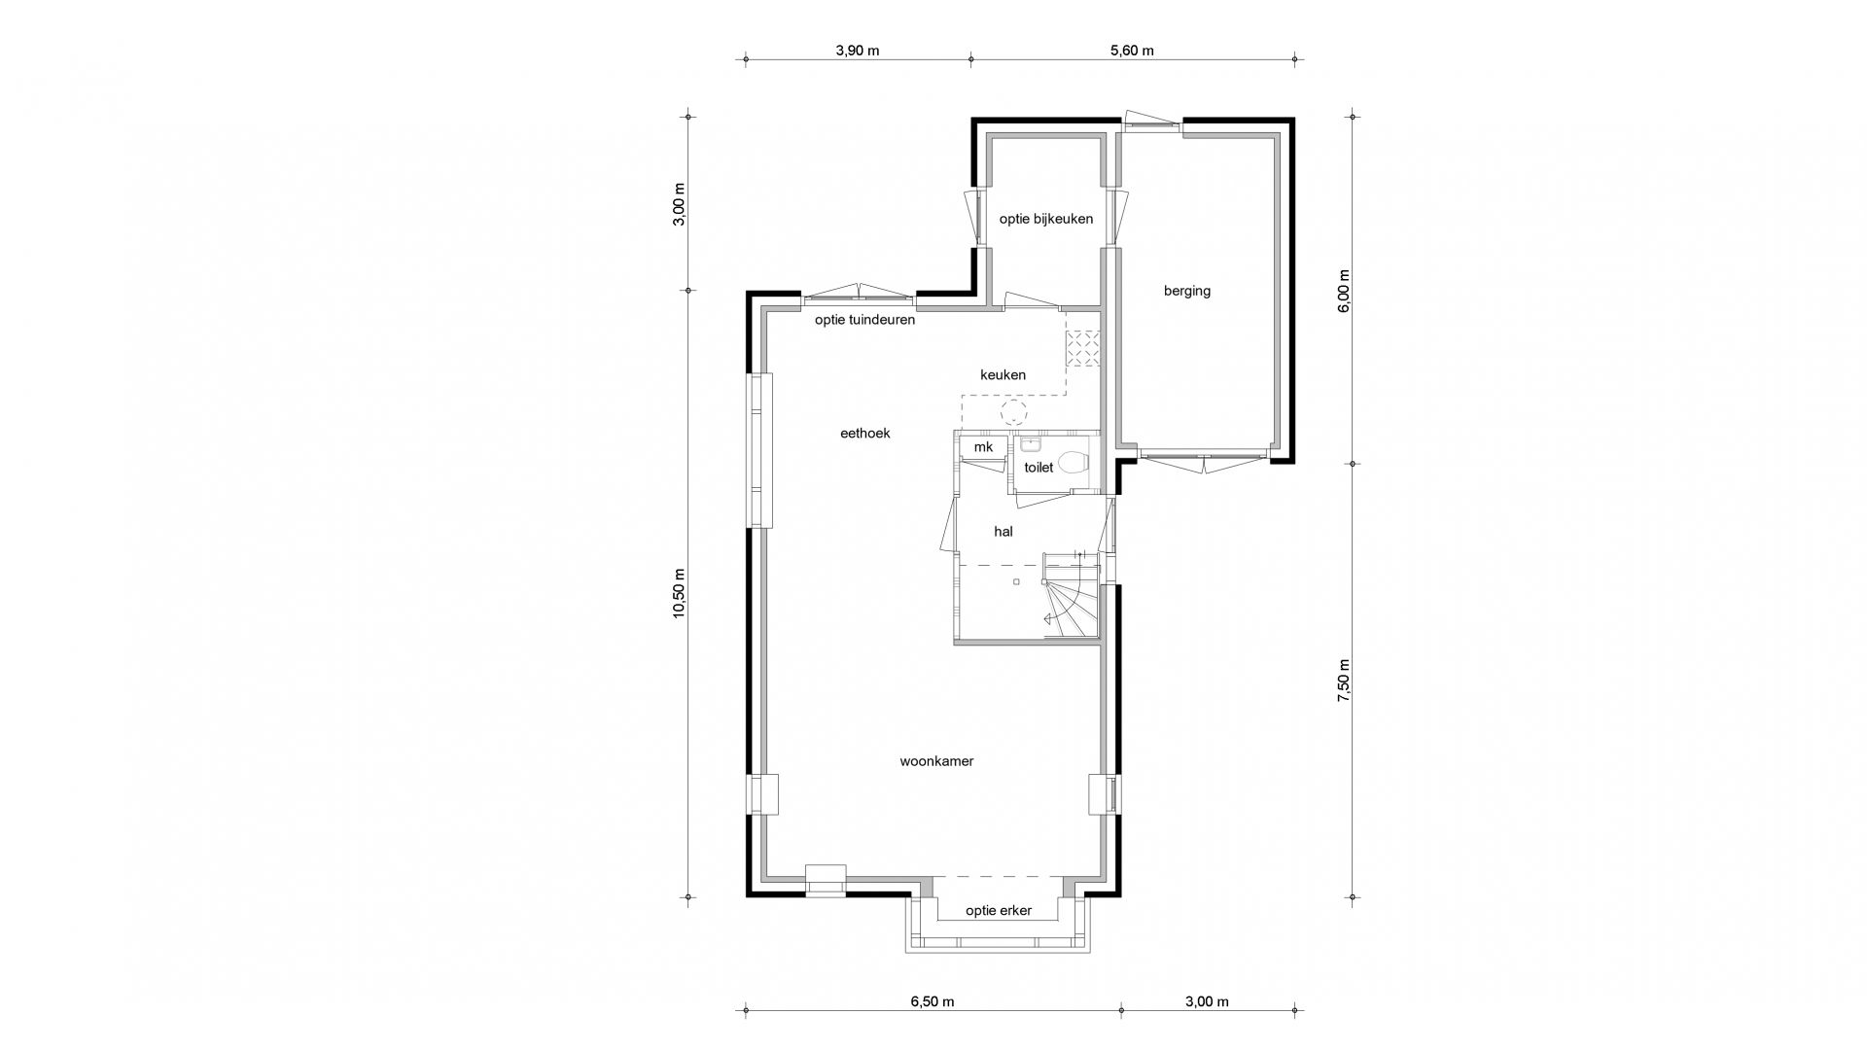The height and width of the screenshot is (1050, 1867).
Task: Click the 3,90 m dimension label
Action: click(x=857, y=51)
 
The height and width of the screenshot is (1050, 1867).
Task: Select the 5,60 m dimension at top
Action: click(x=1132, y=51)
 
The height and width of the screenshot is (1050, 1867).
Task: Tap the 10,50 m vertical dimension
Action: click(x=679, y=593)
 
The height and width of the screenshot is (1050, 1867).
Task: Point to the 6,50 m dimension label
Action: click(x=932, y=1001)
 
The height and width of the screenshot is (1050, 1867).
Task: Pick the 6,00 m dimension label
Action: click(x=1344, y=291)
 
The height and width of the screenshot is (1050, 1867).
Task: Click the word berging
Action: click(x=1187, y=291)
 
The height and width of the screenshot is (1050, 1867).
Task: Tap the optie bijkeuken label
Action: click(x=1046, y=219)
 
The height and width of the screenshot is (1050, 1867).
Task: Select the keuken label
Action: click(x=1003, y=374)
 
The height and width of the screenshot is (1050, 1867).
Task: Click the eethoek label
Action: click(x=865, y=434)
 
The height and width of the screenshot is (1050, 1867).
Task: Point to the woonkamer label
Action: click(x=936, y=761)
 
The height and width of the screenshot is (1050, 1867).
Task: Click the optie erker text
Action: click(x=999, y=911)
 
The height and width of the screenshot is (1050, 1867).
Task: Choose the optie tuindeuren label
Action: click(x=864, y=320)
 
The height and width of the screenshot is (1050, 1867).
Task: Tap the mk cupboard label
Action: click(x=983, y=447)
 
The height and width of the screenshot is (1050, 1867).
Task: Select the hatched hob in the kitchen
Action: click(x=1082, y=349)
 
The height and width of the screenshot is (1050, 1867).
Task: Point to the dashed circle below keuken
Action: click(x=1014, y=412)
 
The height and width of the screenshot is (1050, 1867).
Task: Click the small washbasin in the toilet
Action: click(x=1031, y=446)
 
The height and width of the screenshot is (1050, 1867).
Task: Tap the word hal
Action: click(x=1004, y=532)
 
